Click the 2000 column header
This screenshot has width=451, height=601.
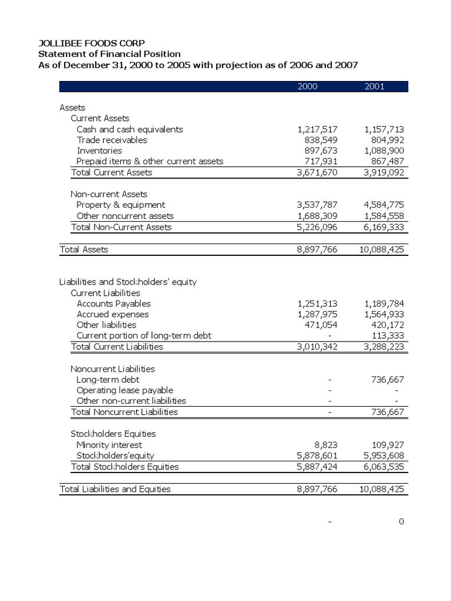(307, 86)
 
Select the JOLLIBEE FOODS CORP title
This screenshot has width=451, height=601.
(91, 43)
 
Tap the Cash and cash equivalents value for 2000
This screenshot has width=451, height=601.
(318, 129)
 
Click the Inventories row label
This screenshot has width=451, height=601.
(99, 150)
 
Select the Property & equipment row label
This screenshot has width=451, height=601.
(120, 205)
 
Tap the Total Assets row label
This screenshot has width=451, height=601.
(84, 249)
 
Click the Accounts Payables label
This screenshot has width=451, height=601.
(113, 303)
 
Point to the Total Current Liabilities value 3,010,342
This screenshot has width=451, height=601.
(318, 346)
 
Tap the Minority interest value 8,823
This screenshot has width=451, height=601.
(325, 445)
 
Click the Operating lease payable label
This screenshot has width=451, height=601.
(124, 390)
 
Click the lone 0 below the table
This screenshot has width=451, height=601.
(401, 522)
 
